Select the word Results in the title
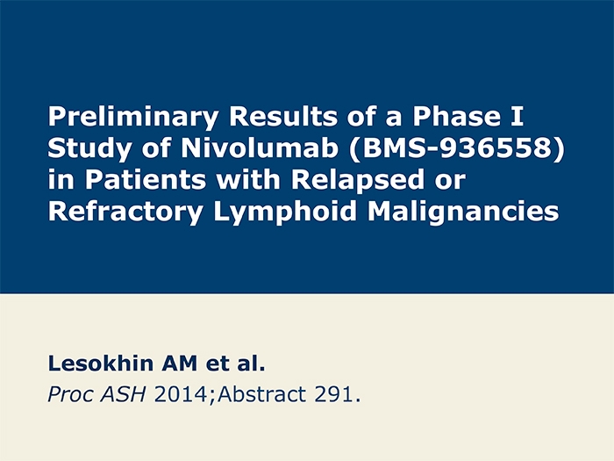283,116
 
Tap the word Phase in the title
457,116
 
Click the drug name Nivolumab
260,148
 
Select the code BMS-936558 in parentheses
457,148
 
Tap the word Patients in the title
146,179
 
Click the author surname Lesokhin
101,364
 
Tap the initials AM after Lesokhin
180,364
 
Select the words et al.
236,364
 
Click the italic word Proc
70,394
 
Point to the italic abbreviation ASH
123,394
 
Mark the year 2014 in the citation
181,394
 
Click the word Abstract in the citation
261,394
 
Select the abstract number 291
333,394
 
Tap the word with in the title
248,179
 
